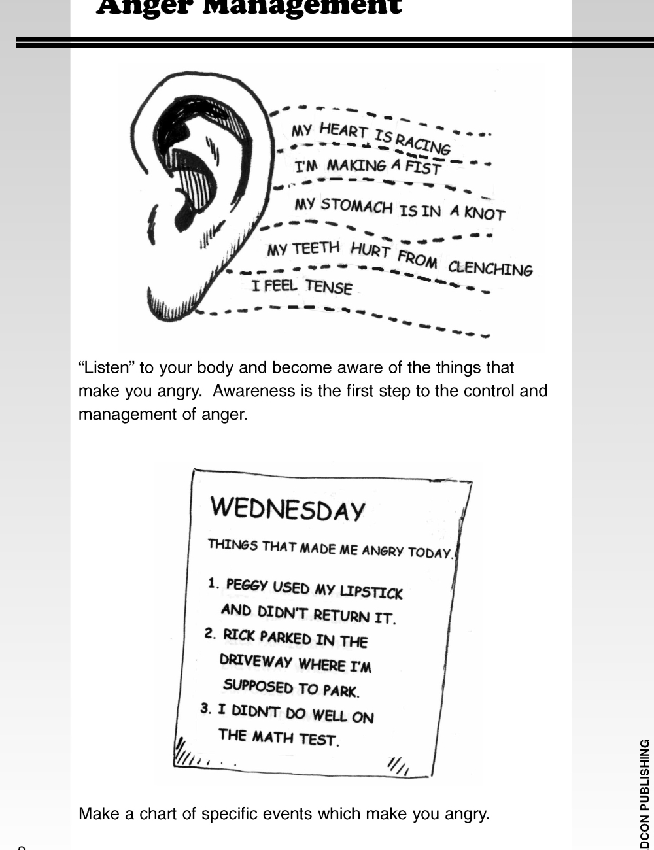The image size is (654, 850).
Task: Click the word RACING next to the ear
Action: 423,143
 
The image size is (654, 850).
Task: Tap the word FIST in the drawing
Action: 423,168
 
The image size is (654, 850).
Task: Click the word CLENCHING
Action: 490,269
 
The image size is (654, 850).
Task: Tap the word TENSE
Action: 329,287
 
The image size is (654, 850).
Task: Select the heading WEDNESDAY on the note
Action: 287,509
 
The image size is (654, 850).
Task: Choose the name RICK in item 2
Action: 239,634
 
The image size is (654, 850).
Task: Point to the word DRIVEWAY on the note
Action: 256,660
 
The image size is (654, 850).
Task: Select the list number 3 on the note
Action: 205,708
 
